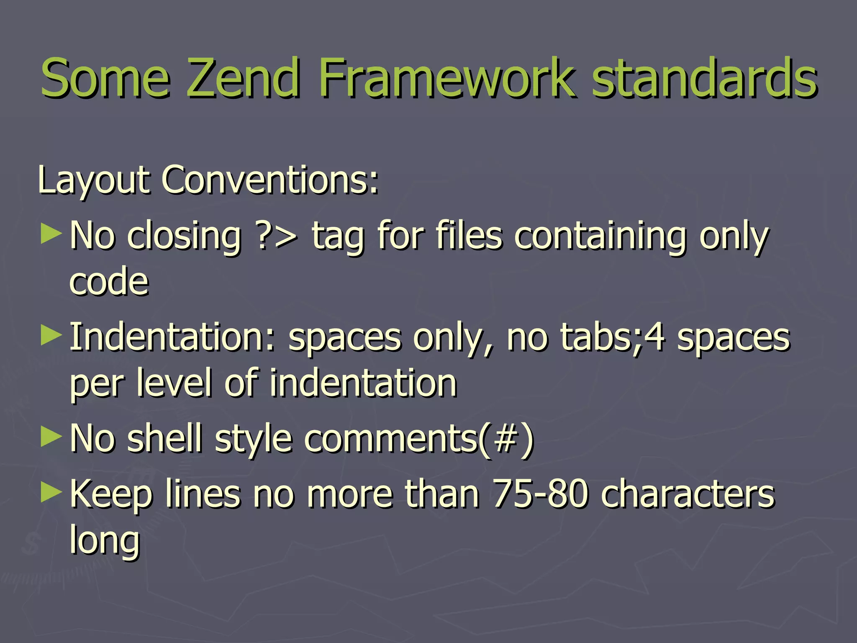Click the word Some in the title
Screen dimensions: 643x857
point(105,78)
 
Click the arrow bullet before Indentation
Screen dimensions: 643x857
point(51,336)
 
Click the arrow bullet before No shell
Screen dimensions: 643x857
point(51,437)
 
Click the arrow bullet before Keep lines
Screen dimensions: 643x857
point(51,492)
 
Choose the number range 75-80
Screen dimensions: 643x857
point(540,494)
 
